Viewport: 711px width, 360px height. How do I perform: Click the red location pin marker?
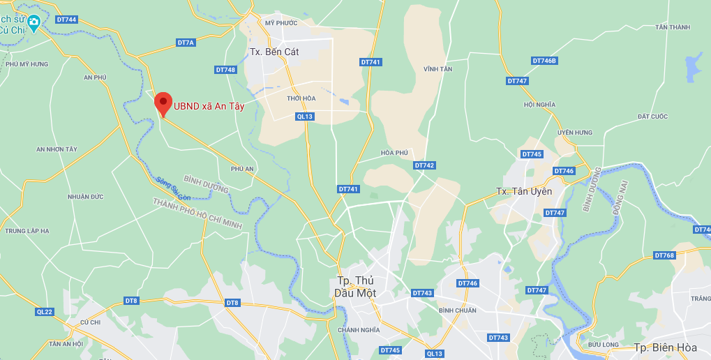coord(163,105)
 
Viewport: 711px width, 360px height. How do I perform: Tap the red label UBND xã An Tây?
coord(209,106)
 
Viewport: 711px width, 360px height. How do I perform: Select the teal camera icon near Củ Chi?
coord(33,22)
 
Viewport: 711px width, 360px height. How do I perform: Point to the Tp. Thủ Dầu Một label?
coord(357,287)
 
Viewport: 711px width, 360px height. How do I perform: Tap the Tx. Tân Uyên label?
coord(523,191)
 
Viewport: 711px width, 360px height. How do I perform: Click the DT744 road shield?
coord(66,20)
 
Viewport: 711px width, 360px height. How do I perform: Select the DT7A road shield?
coord(186,43)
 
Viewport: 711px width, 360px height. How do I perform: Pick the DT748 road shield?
coord(225,70)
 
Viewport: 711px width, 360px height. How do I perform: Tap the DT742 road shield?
coord(424,165)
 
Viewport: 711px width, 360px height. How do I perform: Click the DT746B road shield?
coord(545,61)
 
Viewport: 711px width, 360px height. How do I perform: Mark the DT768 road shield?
coord(665,255)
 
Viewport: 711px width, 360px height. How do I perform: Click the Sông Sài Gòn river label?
coord(173,188)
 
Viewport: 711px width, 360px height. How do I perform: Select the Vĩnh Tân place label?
coord(438,69)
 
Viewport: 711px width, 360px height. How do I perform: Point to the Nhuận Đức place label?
coord(86,197)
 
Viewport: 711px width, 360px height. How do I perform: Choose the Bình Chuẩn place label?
coord(458,310)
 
